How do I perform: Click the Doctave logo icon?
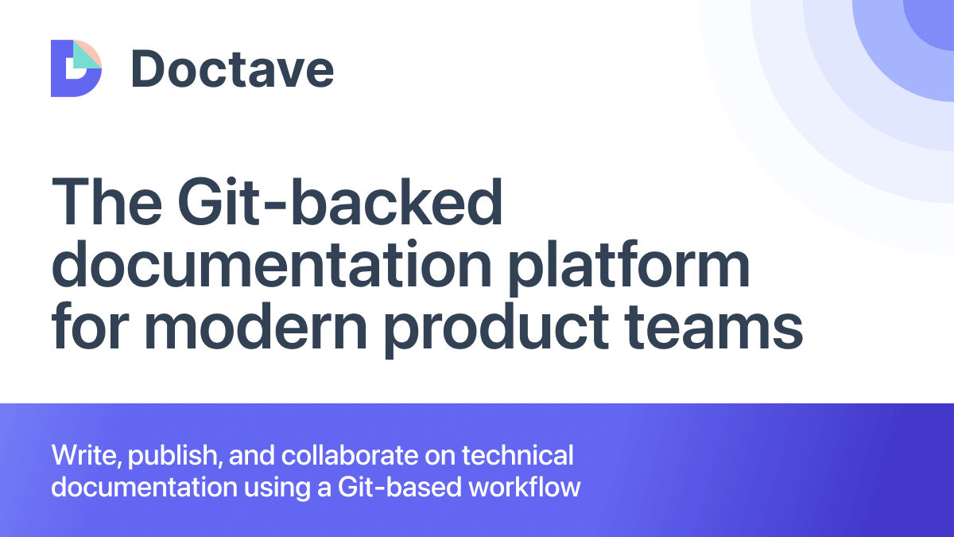76,68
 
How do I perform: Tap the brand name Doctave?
232,68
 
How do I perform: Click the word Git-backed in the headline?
340,203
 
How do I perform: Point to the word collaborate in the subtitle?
339,456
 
